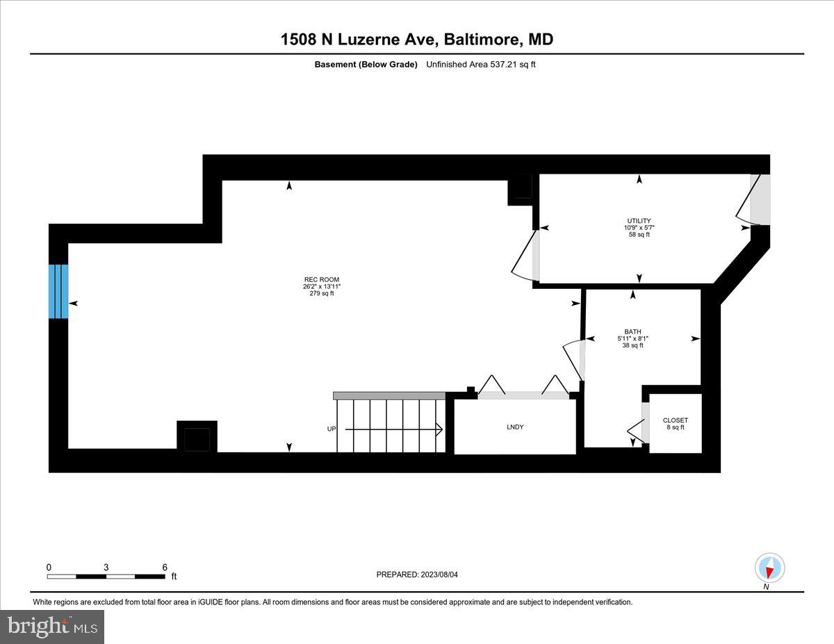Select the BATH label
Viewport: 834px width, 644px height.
click(x=632, y=331)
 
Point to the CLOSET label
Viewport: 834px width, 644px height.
click(x=675, y=420)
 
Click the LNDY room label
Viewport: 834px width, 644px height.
click(x=515, y=427)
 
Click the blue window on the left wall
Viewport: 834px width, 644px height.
click(x=58, y=291)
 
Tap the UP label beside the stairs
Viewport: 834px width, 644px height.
click(x=332, y=429)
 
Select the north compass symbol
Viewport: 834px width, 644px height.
click(x=769, y=568)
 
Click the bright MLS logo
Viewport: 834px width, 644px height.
click(x=53, y=626)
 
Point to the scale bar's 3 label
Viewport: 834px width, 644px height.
click(x=106, y=567)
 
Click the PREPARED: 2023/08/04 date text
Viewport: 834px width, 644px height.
click(x=417, y=575)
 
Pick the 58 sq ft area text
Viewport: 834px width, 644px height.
click(x=638, y=234)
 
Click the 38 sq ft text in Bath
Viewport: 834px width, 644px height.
click(x=632, y=345)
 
